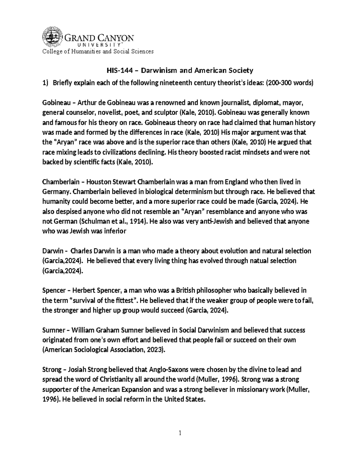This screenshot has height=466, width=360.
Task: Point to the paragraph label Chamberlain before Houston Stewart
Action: [x=61, y=182]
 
